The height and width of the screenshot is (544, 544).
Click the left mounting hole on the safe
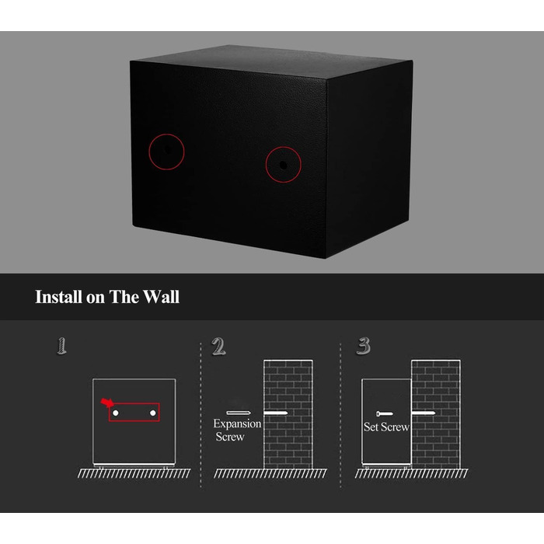167,149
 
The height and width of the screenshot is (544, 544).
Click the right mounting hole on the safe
284,165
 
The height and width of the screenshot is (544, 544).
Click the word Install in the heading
59,297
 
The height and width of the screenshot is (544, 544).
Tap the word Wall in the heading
162,297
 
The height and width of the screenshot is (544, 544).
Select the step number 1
61,346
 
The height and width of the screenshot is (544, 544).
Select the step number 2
218,347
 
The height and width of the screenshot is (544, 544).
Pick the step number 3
364,346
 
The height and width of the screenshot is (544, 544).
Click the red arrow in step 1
107,403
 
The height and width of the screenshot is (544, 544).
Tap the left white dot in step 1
116,413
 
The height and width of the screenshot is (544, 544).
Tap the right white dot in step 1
153,413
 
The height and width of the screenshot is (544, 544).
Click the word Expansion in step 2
237,424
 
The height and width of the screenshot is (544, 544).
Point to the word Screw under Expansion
230,437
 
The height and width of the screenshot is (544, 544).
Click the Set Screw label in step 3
386,427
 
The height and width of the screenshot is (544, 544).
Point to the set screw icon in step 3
385,413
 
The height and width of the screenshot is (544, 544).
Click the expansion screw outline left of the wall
239,413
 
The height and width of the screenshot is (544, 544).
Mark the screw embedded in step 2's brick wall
275,413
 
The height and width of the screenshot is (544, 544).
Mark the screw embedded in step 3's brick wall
424,413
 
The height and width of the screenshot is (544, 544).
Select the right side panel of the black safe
369,158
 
